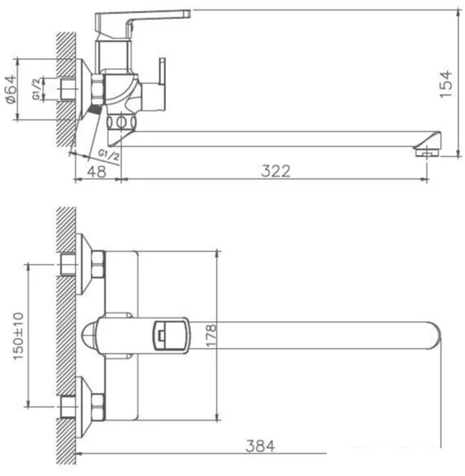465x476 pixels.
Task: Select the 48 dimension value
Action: coord(97,171)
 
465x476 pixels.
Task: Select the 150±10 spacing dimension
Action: coord(19,333)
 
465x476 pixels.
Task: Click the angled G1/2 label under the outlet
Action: coord(109,154)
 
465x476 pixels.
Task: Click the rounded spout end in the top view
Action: coord(432,334)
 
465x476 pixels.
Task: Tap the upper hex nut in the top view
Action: coord(95,261)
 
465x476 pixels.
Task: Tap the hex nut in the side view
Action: coord(98,88)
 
